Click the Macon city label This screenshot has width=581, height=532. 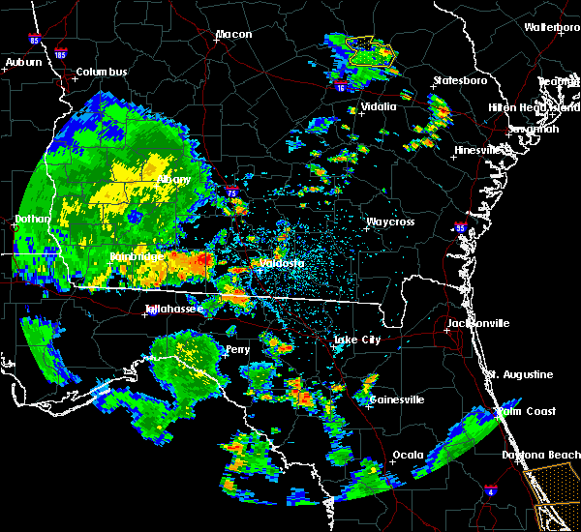point(233,35)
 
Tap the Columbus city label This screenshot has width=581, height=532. point(102,73)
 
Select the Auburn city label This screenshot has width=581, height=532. point(23,63)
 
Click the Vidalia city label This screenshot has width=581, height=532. point(379,107)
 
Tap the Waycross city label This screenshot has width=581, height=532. point(390,222)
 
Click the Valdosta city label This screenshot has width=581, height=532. point(281,263)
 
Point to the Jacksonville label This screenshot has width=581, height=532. point(477,323)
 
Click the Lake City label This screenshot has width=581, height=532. point(356,340)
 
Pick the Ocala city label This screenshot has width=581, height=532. point(408,455)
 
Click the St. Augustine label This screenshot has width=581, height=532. point(520,374)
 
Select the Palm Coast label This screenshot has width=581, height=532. point(529,411)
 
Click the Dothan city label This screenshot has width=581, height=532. point(32,220)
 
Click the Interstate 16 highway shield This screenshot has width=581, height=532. point(340,88)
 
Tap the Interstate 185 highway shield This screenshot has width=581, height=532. point(61,53)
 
